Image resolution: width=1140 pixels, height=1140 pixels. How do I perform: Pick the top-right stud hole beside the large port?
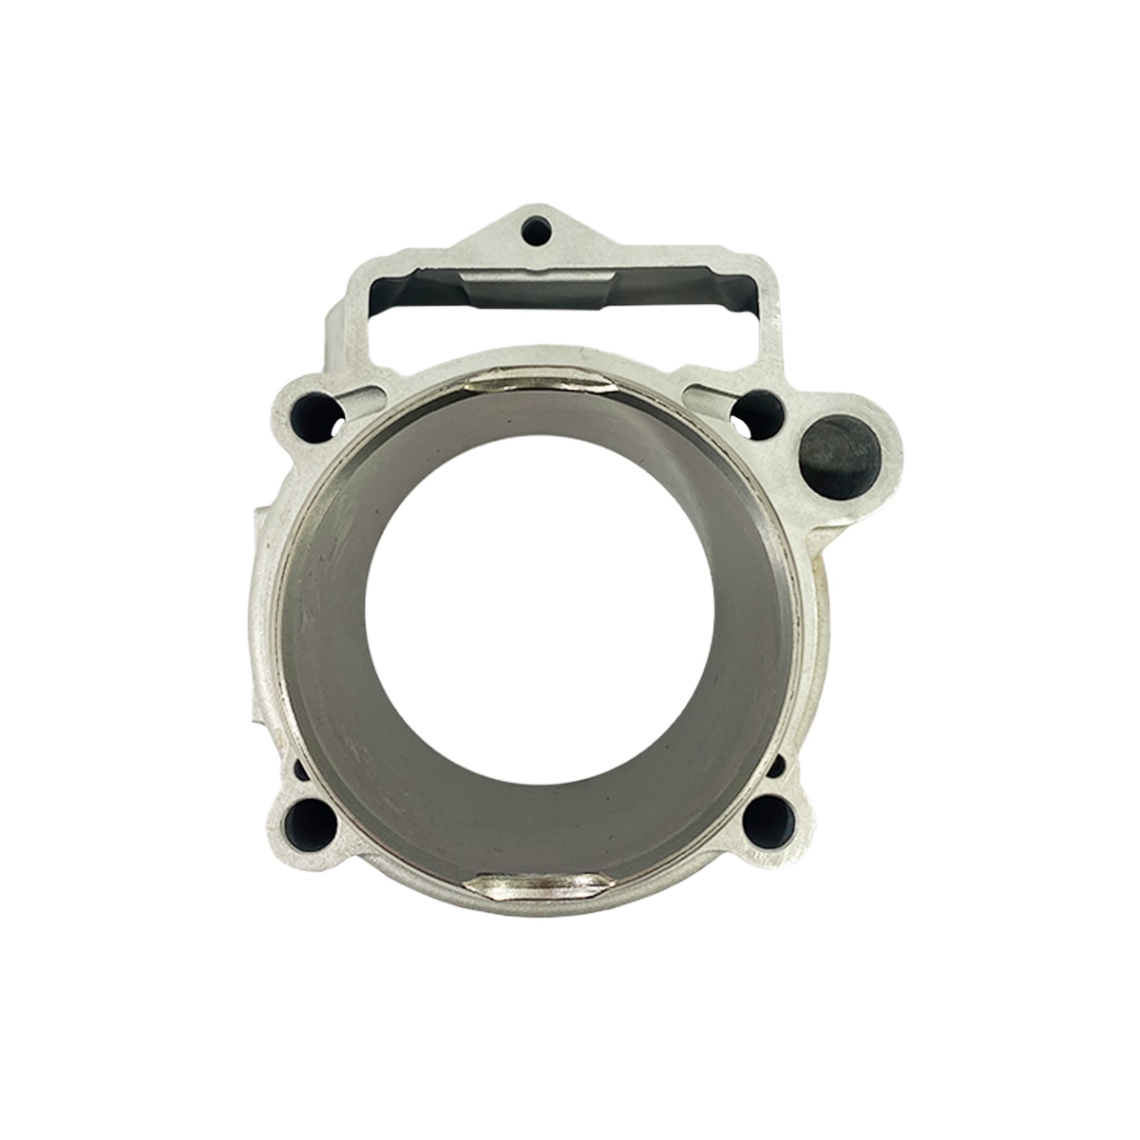[759, 410]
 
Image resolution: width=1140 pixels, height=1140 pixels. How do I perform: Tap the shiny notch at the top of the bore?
[537, 385]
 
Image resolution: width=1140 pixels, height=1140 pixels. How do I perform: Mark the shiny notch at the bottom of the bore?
[544, 883]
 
